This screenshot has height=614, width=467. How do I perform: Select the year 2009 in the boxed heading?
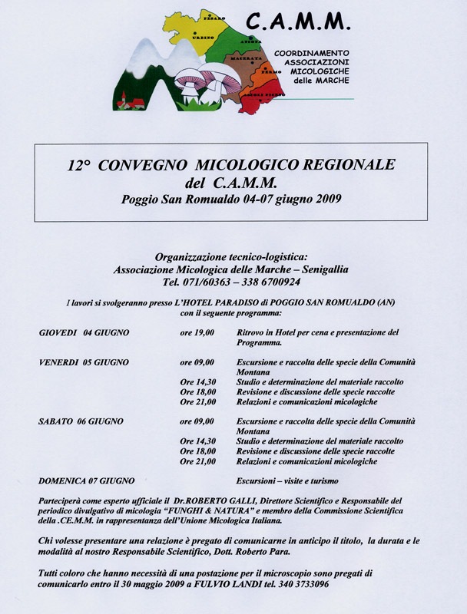tap(326, 200)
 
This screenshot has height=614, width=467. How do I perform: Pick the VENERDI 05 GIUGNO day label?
tap(84, 361)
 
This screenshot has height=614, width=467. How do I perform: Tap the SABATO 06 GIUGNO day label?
tap(81, 421)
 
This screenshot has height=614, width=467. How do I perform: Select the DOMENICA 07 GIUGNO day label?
tap(87, 480)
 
